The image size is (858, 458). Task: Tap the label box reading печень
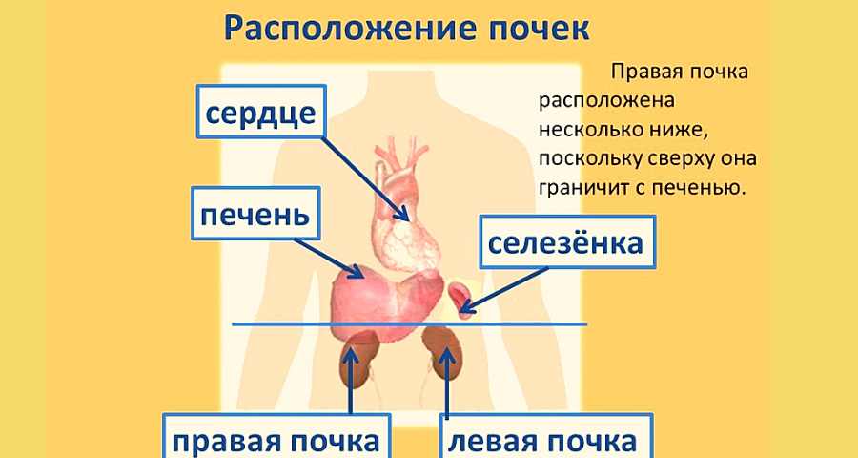pyautogui.click(x=255, y=216)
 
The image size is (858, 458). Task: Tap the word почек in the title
pyautogui.click(x=521, y=29)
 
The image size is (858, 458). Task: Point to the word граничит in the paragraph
pyautogui.click(x=580, y=185)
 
